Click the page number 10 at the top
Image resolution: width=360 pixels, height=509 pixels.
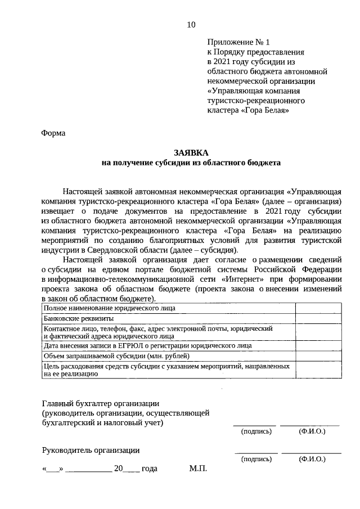click(x=191, y=24)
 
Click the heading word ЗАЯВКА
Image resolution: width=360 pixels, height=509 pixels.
click(x=190, y=153)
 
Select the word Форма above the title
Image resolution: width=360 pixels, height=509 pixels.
click(x=53, y=133)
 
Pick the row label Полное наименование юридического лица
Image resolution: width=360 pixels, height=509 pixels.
click(x=109, y=308)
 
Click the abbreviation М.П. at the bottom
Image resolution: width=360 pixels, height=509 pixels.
click(x=199, y=469)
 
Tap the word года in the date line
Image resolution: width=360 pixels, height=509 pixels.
click(x=150, y=469)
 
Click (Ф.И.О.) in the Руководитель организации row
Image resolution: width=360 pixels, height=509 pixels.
click(x=313, y=459)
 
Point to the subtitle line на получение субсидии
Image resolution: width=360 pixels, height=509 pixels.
click(x=191, y=163)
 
